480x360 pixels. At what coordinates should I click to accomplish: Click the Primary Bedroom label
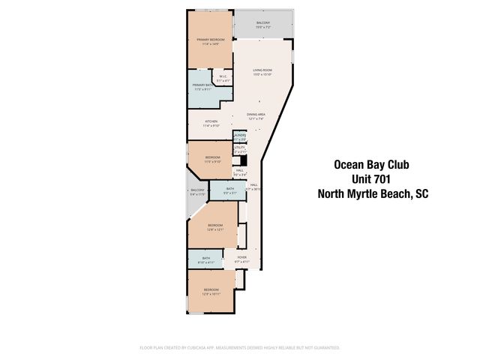tap(210, 41)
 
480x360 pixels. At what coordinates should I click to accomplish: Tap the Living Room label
tap(262, 73)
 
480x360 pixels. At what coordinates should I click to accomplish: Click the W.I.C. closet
tap(223, 78)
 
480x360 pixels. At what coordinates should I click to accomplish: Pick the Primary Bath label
tap(203, 88)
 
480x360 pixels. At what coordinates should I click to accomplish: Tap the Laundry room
tap(240, 136)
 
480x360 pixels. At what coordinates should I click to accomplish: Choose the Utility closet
tap(240, 150)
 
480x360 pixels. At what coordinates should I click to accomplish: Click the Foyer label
tap(241, 259)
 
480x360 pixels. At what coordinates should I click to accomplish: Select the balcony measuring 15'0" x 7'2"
tap(262, 25)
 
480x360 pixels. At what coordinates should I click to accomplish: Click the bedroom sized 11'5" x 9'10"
tap(213, 159)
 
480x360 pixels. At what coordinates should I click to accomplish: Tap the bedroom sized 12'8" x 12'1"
tap(215, 228)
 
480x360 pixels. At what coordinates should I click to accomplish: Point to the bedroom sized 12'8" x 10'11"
tap(211, 292)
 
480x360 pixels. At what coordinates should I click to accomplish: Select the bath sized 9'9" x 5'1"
tap(229, 190)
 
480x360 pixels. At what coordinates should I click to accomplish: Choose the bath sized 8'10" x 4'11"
tap(206, 260)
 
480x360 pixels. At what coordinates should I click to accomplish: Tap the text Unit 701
tap(371, 179)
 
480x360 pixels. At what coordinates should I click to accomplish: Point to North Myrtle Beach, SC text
tap(372, 193)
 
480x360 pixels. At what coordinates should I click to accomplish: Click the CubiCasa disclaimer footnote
tap(240, 348)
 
